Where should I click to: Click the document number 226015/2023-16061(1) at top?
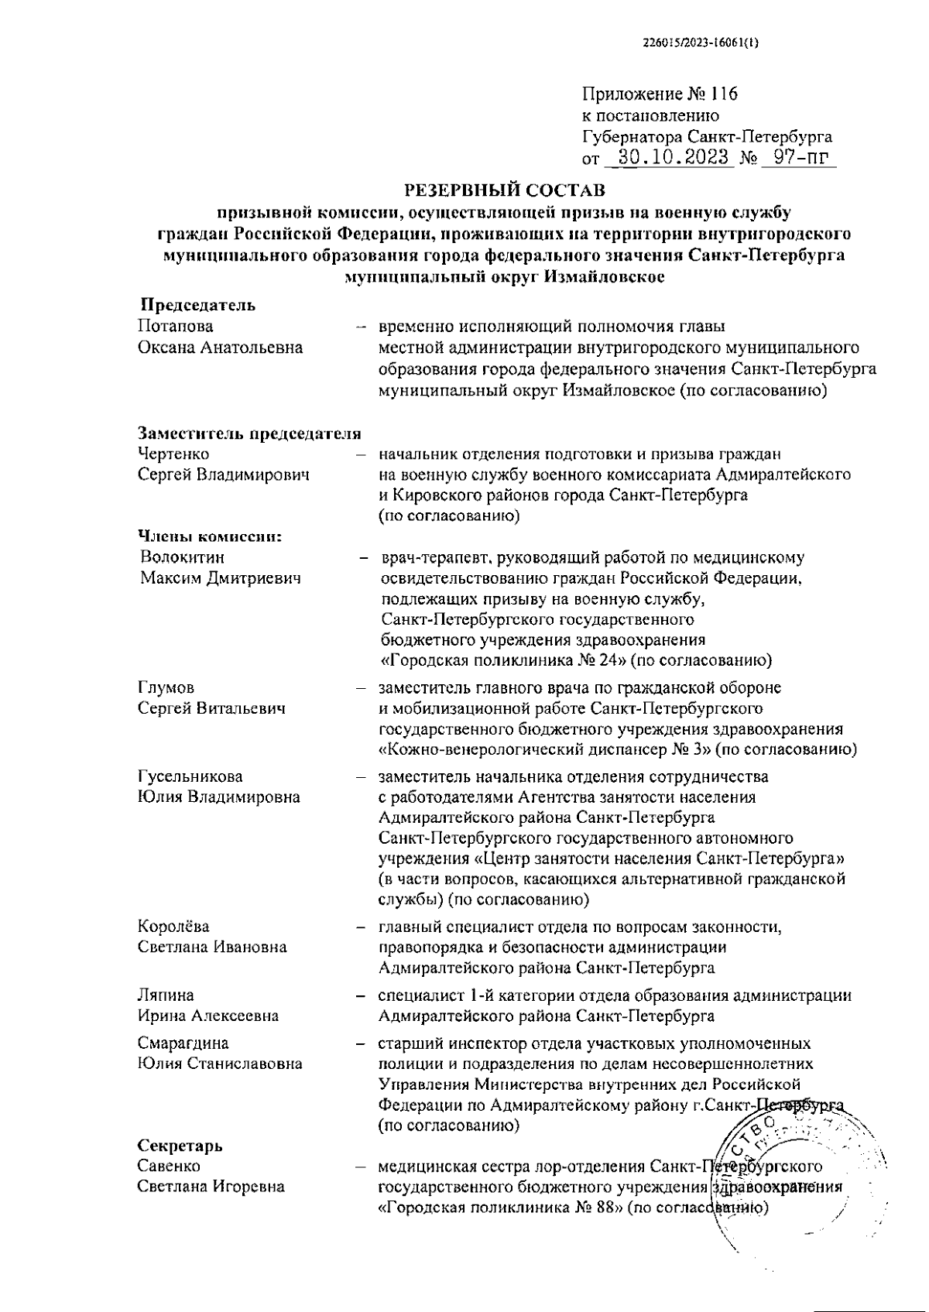click(x=701, y=43)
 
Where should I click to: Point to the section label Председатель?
click(x=197, y=305)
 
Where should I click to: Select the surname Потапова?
click(x=175, y=327)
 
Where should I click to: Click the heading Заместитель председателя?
click(x=249, y=433)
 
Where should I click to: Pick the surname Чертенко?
click(x=173, y=454)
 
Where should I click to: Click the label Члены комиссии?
click(x=209, y=536)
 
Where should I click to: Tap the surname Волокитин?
click(x=183, y=557)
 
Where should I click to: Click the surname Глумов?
click(x=166, y=687)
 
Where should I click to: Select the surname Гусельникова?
click(x=190, y=776)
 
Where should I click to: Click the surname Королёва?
click(x=173, y=926)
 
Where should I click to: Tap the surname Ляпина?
click(x=166, y=995)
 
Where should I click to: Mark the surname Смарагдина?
click(x=183, y=1043)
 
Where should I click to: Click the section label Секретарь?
click(x=180, y=1145)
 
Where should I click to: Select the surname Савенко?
click(x=169, y=1166)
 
